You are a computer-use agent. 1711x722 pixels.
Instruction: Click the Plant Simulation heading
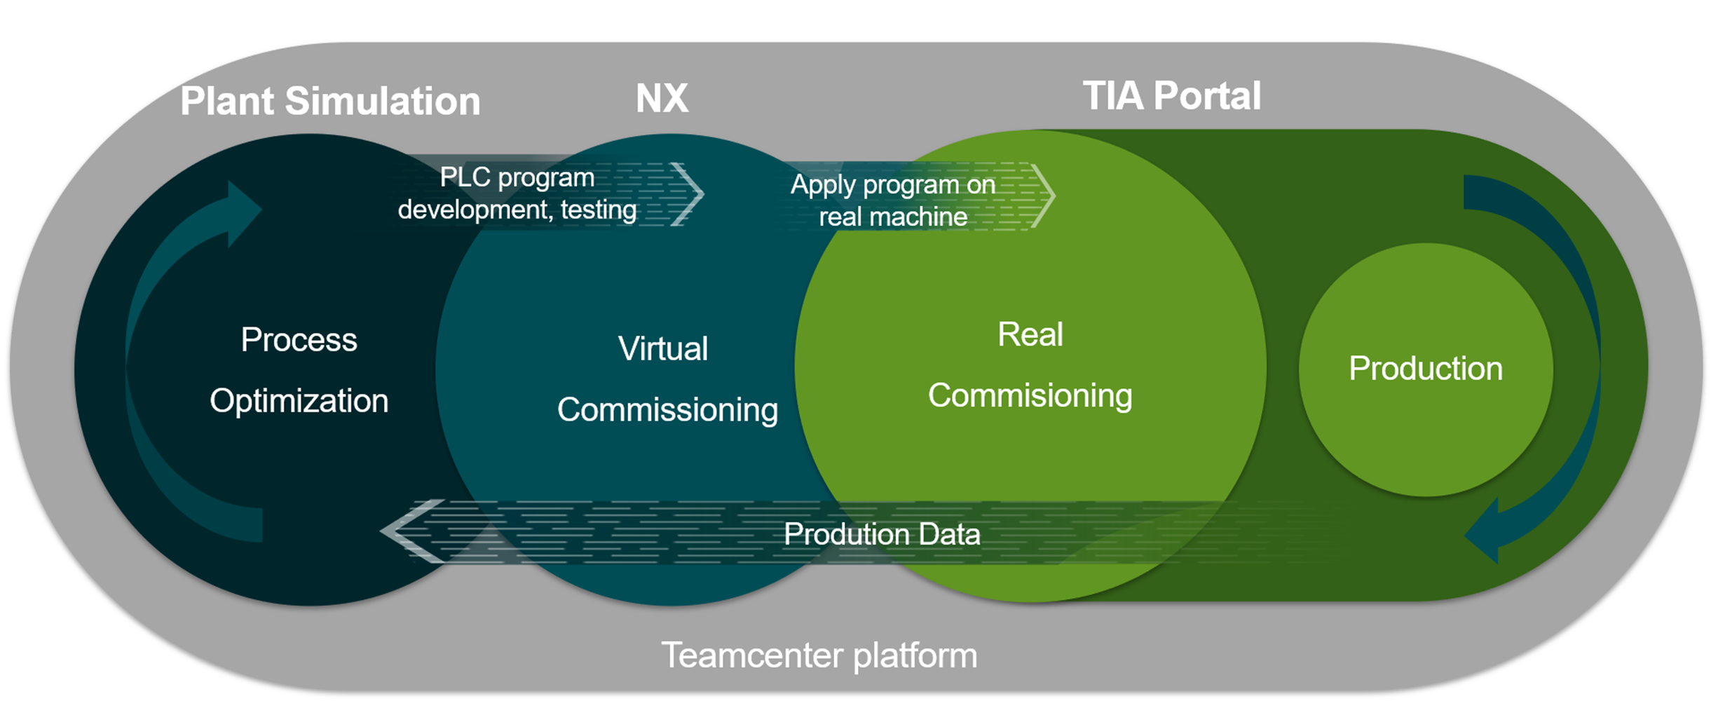[330, 101]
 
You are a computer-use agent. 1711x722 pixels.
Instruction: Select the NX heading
[662, 98]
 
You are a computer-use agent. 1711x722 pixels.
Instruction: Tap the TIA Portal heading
[1171, 96]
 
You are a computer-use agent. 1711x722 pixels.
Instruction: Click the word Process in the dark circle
[299, 340]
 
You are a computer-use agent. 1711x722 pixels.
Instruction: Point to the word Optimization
[299, 401]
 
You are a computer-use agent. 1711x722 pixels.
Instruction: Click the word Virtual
[662, 348]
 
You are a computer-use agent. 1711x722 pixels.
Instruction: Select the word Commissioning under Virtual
[667, 409]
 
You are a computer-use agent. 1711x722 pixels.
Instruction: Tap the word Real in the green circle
[1030, 334]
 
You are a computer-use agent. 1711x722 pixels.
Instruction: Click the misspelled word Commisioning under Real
[1030, 395]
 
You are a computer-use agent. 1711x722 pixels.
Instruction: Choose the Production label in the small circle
[1425, 369]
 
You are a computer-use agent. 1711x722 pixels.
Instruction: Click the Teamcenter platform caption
[819, 655]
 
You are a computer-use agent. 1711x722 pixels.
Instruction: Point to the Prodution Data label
[881, 534]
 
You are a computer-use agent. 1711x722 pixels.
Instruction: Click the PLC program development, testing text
[517, 193]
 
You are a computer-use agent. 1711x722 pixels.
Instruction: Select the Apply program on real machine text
[893, 200]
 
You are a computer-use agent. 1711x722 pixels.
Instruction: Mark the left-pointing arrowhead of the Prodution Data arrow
[407, 531]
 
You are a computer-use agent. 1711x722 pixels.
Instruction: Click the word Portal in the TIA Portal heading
[1206, 96]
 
